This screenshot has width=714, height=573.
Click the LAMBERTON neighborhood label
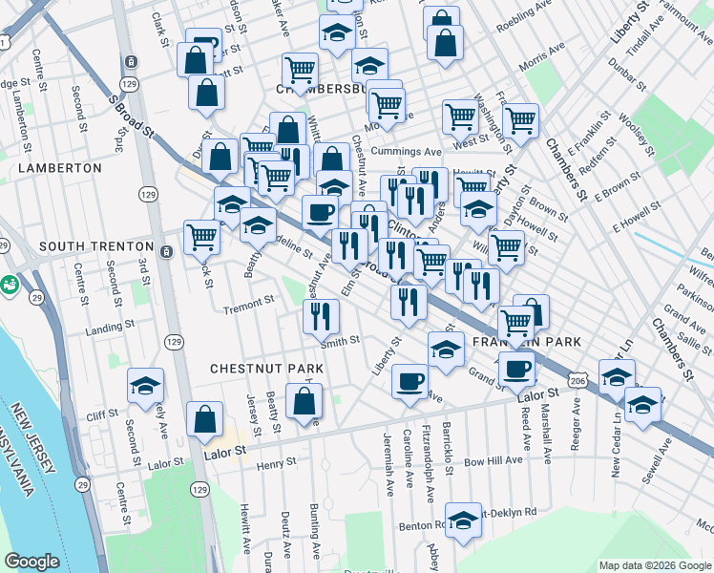pyautogui.click(x=60, y=167)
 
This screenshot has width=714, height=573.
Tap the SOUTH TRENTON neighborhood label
pyautogui.click(x=96, y=246)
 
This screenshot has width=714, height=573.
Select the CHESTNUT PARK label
pyautogui.click(x=266, y=368)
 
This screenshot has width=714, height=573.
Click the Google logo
pyautogui.click(x=31, y=562)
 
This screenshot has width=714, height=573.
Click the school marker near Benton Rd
pyautogui.click(x=464, y=520)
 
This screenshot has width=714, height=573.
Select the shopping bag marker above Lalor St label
pyautogui.click(x=205, y=419)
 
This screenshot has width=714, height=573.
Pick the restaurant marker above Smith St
pyautogui.click(x=322, y=316)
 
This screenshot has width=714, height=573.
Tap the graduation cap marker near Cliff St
pyautogui.click(x=145, y=385)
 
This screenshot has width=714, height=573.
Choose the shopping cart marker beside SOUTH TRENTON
pyautogui.click(x=201, y=236)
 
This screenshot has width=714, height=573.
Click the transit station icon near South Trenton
pyautogui.click(x=167, y=252)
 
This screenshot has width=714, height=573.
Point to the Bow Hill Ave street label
pyautogui.click(x=493, y=459)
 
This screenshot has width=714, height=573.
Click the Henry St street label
pyautogui.click(x=278, y=462)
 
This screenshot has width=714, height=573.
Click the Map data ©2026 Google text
pyautogui.click(x=654, y=564)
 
